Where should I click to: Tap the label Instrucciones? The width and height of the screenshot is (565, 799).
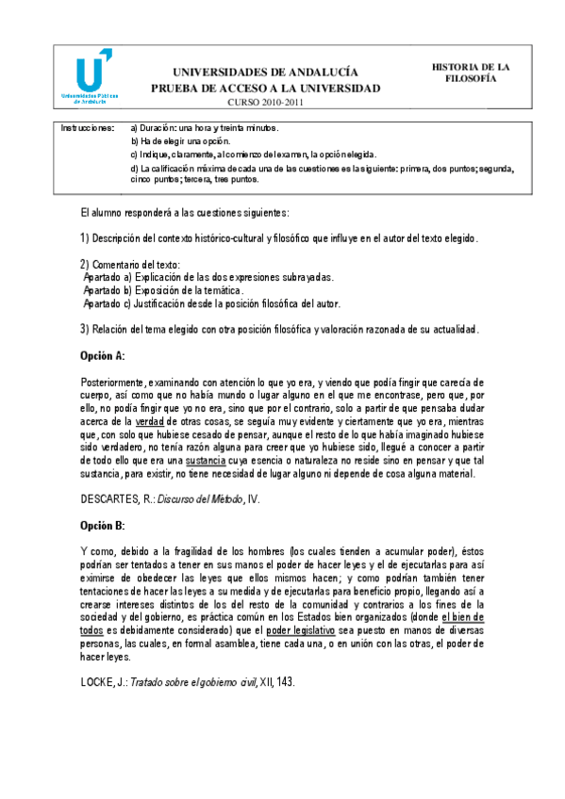pos(88,127)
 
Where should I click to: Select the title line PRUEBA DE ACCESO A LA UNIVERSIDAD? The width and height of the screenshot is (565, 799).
pos(265,89)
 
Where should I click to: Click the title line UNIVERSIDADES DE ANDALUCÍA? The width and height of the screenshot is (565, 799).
pos(265,73)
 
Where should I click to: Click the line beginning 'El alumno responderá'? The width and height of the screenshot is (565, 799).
pos(184,213)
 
